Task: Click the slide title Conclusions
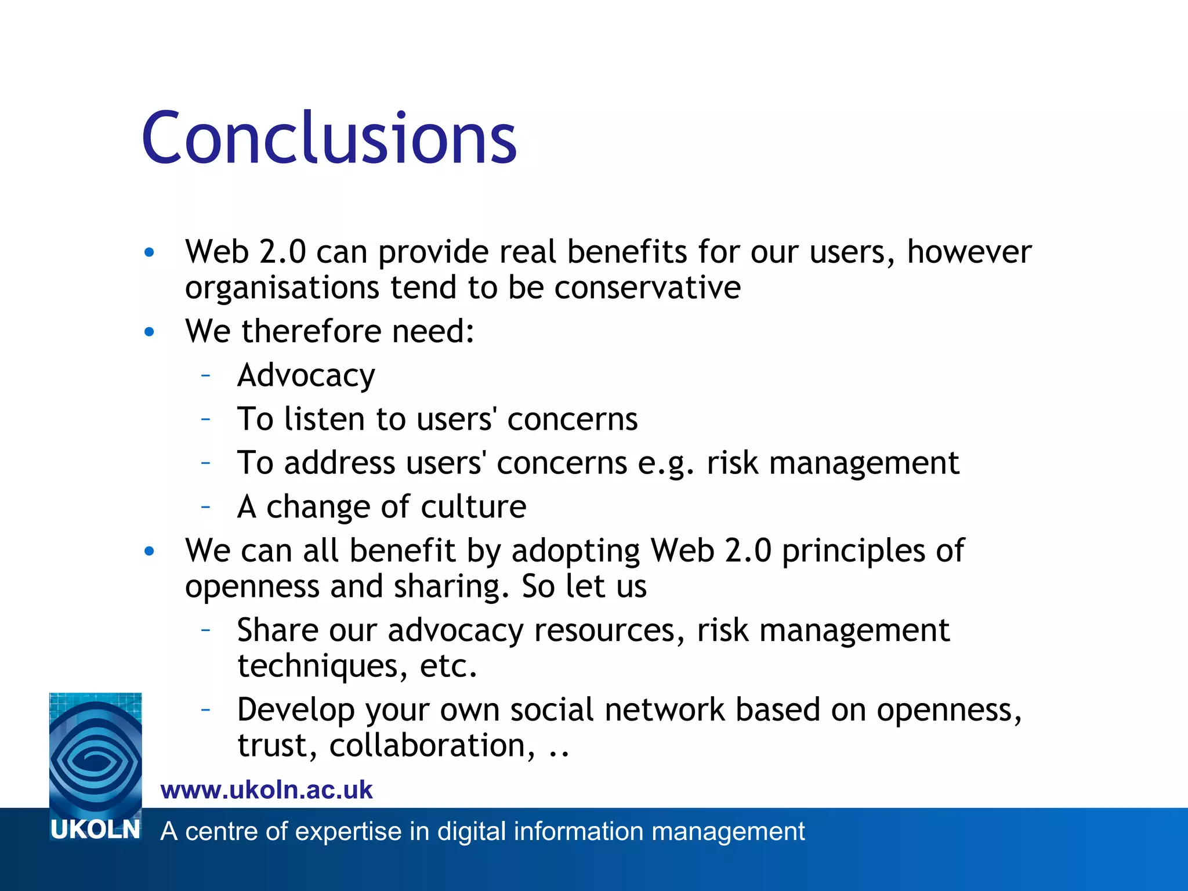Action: [x=329, y=138]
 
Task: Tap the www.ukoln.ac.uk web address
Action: [x=266, y=790]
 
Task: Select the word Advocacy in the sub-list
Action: [x=306, y=376]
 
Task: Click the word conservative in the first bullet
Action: [x=647, y=288]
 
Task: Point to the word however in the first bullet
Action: [x=969, y=252]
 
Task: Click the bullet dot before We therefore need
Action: [x=150, y=332]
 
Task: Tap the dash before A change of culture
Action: [x=205, y=506]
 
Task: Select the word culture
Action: [x=473, y=507]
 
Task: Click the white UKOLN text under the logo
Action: [x=96, y=830]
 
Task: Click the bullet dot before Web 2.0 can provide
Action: [x=150, y=252]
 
